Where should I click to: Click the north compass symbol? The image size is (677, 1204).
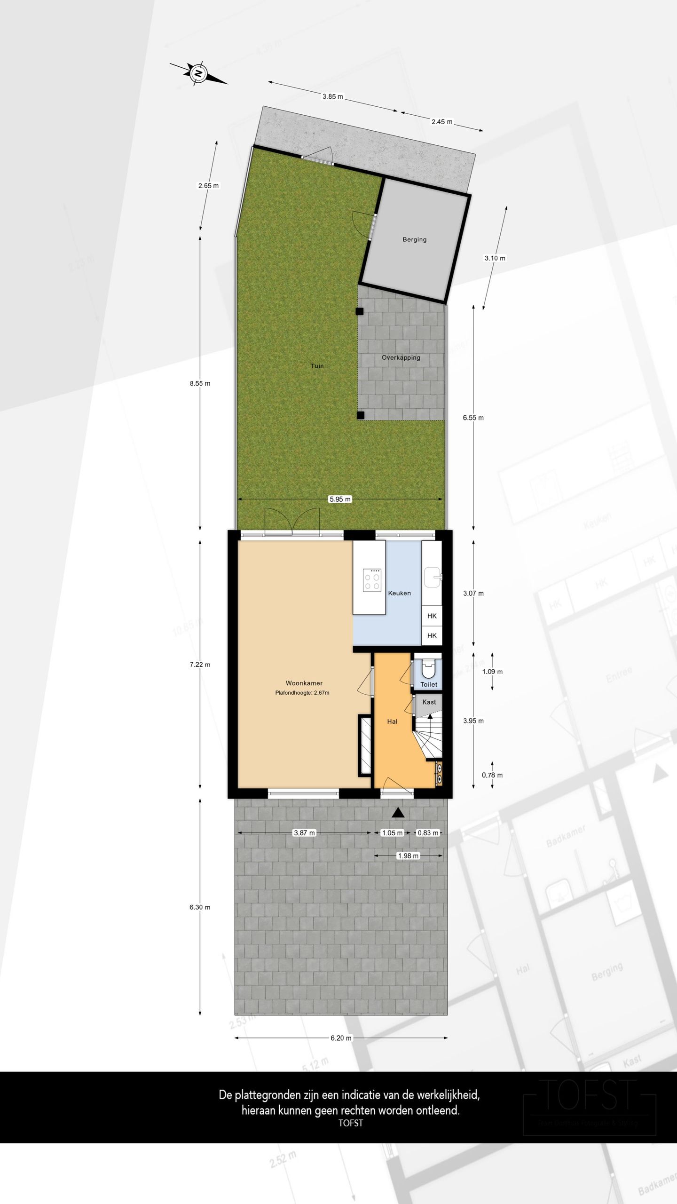[198, 73]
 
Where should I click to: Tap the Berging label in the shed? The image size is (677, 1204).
[414, 239]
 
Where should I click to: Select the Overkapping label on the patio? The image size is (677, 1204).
[401, 357]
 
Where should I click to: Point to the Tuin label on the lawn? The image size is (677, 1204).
[317, 365]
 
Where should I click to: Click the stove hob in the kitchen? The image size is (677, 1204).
[372, 580]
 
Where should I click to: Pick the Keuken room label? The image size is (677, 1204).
[399, 593]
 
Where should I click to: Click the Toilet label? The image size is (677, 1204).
[429, 684]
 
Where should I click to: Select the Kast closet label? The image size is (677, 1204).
[429, 702]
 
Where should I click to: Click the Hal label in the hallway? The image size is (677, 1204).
[392, 721]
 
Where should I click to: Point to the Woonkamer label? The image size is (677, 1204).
[304, 683]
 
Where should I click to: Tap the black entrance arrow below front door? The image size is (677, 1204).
[398, 812]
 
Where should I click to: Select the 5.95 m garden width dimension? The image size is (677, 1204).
[340, 499]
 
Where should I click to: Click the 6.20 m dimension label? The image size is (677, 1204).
[341, 1038]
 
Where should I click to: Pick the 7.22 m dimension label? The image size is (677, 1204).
[200, 665]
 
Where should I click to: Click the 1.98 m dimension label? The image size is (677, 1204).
[408, 855]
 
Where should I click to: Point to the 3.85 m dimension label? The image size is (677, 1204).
[332, 97]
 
